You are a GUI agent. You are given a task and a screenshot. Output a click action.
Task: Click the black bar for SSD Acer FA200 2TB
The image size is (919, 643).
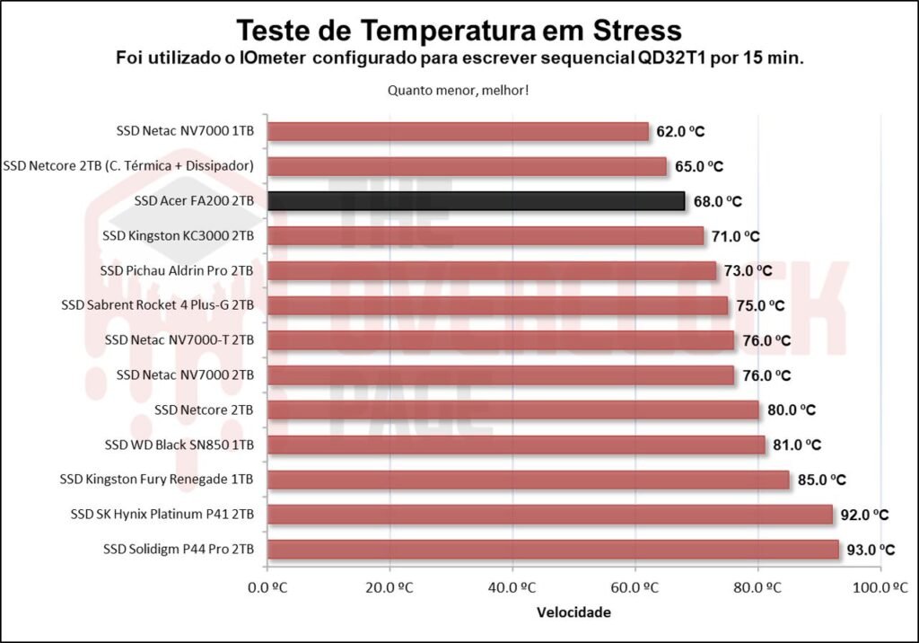tap(476, 201)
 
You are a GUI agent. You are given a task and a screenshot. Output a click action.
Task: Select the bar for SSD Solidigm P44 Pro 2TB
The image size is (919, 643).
tap(553, 550)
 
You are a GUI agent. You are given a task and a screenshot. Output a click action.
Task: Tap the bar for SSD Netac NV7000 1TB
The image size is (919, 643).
tap(458, 131)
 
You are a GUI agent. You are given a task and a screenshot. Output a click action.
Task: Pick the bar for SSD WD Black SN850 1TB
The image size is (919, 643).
tap(516, 445)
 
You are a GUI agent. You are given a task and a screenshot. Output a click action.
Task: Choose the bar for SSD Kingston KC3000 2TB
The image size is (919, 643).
tap(486, 236)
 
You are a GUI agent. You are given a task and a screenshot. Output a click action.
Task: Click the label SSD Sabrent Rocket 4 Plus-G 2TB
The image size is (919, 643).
tap(158, 305)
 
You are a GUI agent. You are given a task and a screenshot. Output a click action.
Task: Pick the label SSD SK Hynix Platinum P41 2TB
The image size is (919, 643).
tap(162, 515)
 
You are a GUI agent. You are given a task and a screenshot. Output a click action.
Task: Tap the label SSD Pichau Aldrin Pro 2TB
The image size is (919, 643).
tap(178, 270)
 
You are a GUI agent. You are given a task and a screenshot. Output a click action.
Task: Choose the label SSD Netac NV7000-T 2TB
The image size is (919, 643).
tap(179, 340)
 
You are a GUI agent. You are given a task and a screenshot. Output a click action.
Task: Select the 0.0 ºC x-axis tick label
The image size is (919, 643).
tap(268, 588)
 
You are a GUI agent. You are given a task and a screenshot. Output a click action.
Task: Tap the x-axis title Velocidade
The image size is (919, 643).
tap(574, 613)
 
